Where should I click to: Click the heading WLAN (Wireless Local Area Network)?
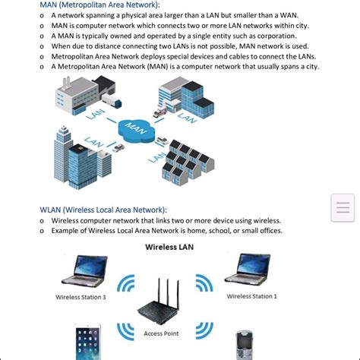click(103, 210)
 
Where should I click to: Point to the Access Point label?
click(161, 333)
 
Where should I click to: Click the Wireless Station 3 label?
click(81, 297)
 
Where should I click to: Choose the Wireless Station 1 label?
click(251, 296)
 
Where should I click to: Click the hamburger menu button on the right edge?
click(343, 207)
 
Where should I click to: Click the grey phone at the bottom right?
click(244, 346)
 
